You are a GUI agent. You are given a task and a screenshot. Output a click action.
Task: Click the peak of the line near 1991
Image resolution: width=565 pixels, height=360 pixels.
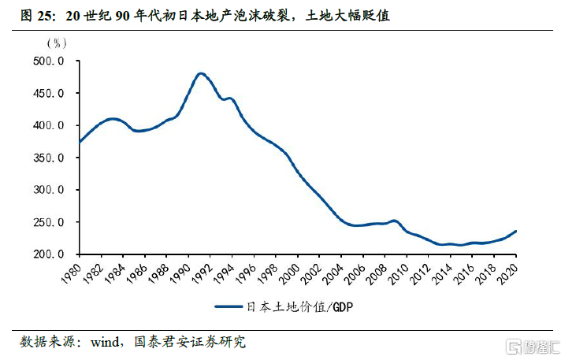click(200, 73)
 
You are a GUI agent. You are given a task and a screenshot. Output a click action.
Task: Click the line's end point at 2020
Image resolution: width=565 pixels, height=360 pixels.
click(515, 232)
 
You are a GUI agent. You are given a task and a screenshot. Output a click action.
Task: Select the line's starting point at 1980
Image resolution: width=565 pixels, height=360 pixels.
click(80, 142)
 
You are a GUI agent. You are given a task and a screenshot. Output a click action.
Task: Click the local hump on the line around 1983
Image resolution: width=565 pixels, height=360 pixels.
click(112, 119)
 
